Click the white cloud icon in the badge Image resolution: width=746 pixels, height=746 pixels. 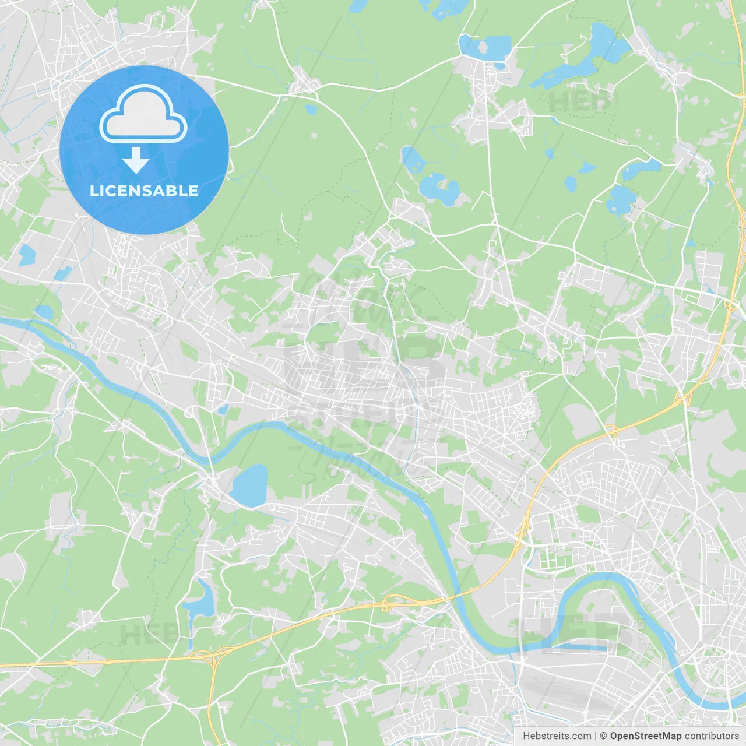pyautogui.click(x=143, y=114)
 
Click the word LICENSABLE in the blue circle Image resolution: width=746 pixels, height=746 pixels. pyautogui.click(x=144, y=191)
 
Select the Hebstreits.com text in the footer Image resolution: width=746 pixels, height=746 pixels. pyautogui.click(x=557, y=736)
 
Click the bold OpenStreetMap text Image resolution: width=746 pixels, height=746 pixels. pyautogui.click(x=646, y=736)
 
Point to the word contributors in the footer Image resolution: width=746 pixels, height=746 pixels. pyautogui.click(x=712, y=736)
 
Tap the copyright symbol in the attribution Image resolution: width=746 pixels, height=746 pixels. pyautogui.click(x=603, y=736)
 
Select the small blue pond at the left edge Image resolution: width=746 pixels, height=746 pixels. pyautogui.click(x=27, y=254)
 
